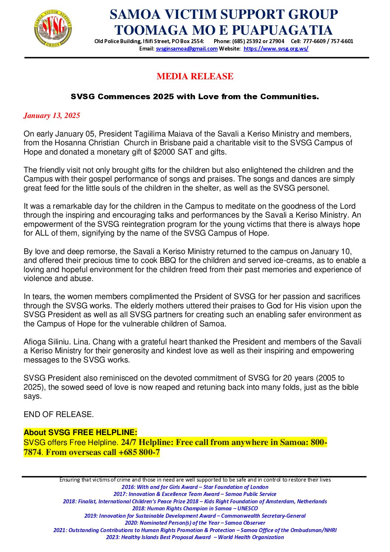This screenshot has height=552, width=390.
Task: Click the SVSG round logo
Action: click(x=53, y=28)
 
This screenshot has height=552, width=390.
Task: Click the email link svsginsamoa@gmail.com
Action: click(x=187, y=49)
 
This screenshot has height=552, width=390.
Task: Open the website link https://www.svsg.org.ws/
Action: click(x=276, y=49)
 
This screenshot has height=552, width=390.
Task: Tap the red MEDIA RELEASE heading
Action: click(x=195, y=76)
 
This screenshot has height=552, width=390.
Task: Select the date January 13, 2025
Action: click(x=52, y=115)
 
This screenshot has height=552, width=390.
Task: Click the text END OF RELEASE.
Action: click(x=59, y=414)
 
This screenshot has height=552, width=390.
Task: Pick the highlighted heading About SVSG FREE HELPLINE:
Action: click(x=80, y=433)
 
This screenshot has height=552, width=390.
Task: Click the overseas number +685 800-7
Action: click(x=139, y=452)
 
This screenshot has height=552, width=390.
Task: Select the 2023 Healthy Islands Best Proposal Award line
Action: click(x=195, y=537)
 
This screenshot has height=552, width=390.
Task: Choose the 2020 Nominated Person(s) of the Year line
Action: click(x=195, y=523)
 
